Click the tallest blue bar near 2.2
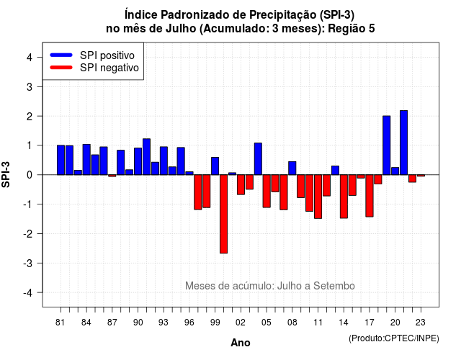[403, 143]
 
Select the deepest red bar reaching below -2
[224, 214]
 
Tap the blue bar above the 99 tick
[215, 166]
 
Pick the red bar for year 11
[318, 197]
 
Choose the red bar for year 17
[370, 196]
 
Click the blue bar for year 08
[292, 168]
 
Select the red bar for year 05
[267, 191]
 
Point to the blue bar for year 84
[86, 160]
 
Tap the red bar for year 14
[344, 197]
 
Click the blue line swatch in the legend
[61, 55]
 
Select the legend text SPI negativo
[109, 68]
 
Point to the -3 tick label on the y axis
[28, 263]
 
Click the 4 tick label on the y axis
[30, 57]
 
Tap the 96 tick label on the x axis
[189, 323]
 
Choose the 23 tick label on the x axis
[421, 323]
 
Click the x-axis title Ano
[241, 343]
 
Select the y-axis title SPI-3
[6, 174]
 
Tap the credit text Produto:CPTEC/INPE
[394, 338]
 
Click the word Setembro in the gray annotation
[334, 286]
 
